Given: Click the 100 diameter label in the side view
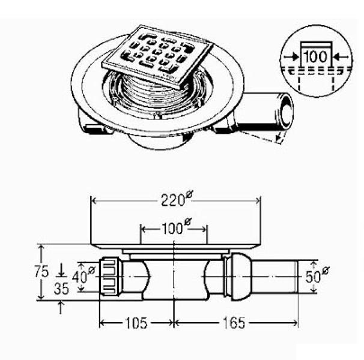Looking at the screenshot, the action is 177,227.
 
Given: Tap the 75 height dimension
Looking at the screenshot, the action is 41,271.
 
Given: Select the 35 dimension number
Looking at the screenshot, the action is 61,289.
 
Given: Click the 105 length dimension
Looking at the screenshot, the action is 136,323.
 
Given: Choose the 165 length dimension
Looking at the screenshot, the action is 234,323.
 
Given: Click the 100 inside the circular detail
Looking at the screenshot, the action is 315,56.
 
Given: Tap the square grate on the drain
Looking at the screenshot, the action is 157,56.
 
